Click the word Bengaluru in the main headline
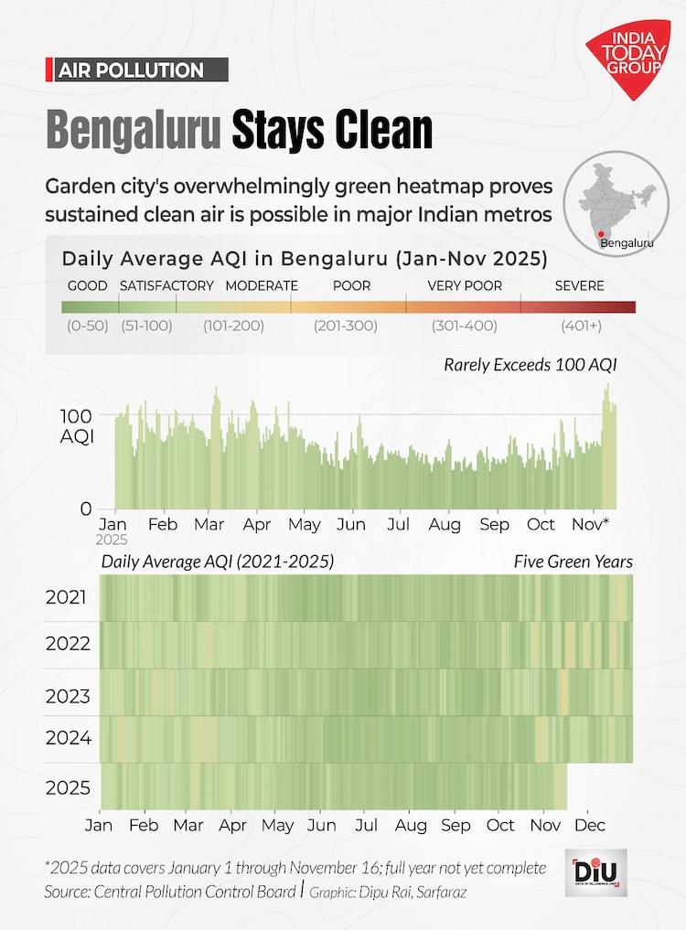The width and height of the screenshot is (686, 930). coord(134,130)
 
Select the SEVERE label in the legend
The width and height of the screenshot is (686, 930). coord(579,285)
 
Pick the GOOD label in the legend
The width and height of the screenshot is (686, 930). coord(87,285)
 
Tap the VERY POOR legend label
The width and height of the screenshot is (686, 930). coord(465,285)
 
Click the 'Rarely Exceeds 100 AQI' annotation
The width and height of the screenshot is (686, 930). coord(531,365)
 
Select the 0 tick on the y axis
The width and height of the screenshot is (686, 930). coord(85,509)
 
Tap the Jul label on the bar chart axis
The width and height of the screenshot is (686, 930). coord(398,525)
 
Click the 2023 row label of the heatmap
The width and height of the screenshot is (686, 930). coord(68,697)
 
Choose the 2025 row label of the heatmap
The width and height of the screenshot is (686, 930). coord(68,788)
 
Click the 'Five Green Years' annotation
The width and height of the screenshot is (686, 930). coord(573,561)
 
